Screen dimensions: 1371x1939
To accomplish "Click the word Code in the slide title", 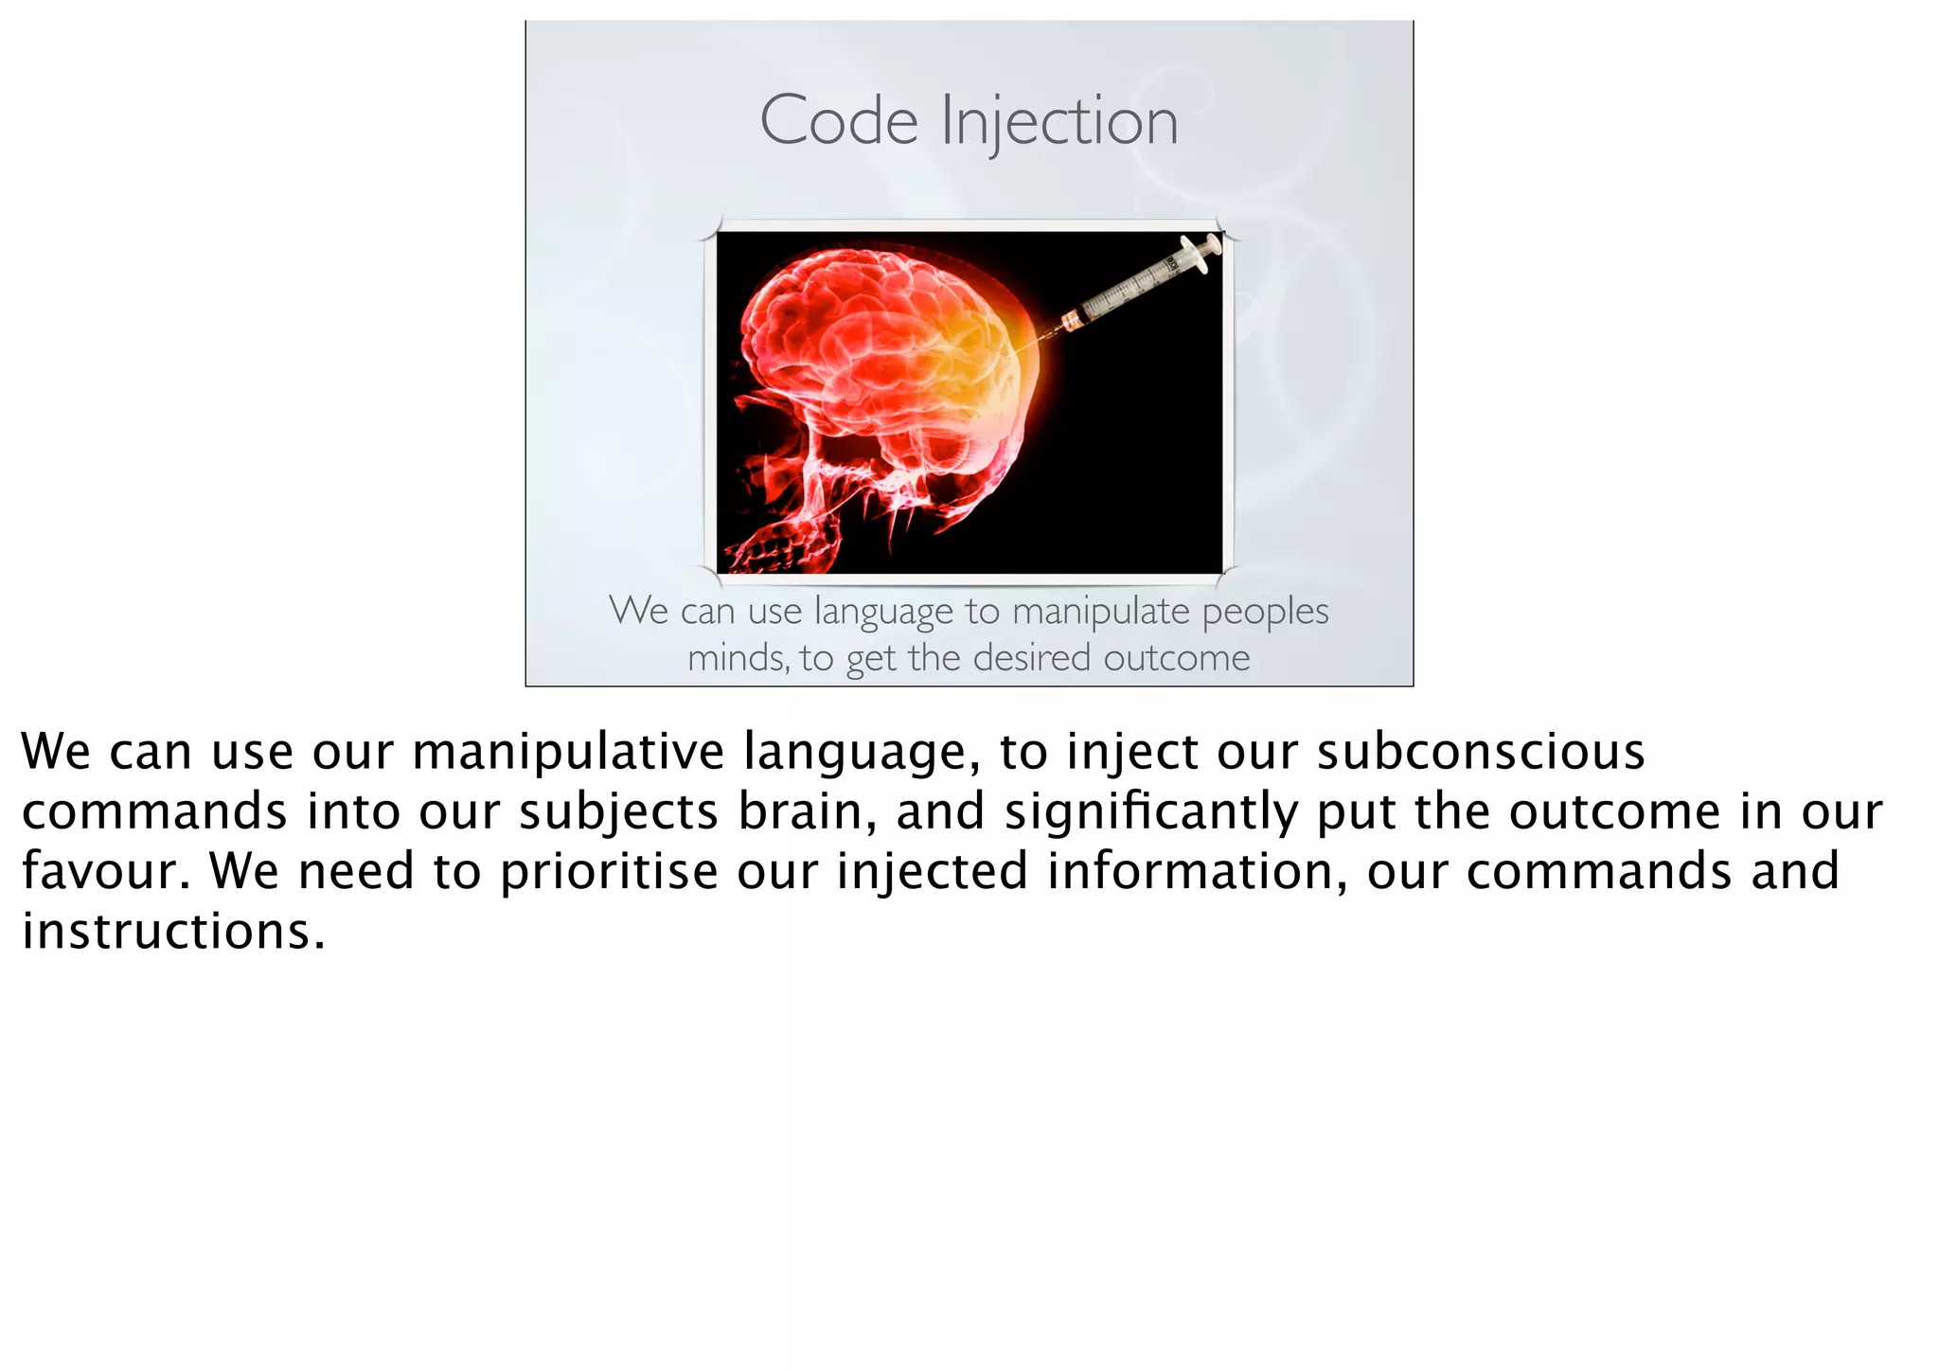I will pyautogui.click(x=839, y=121).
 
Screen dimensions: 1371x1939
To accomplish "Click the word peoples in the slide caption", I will pyautogui.click(x=1265, y=612).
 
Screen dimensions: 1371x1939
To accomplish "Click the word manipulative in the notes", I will pyautogui.click(x=568, y=752).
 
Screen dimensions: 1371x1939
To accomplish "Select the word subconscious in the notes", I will pyautogui.click(x=1481, y=752).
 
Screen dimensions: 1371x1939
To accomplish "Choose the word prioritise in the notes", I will pyautogui.click(x=609, y=872).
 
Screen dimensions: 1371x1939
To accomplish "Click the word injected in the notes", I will pyautogui.click(x=932, y=872).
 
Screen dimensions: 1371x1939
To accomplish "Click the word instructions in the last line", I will pyautogui.click(x=173, y=932).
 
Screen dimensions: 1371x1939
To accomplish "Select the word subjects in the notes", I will pyautogui.click(x=618, y=812).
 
